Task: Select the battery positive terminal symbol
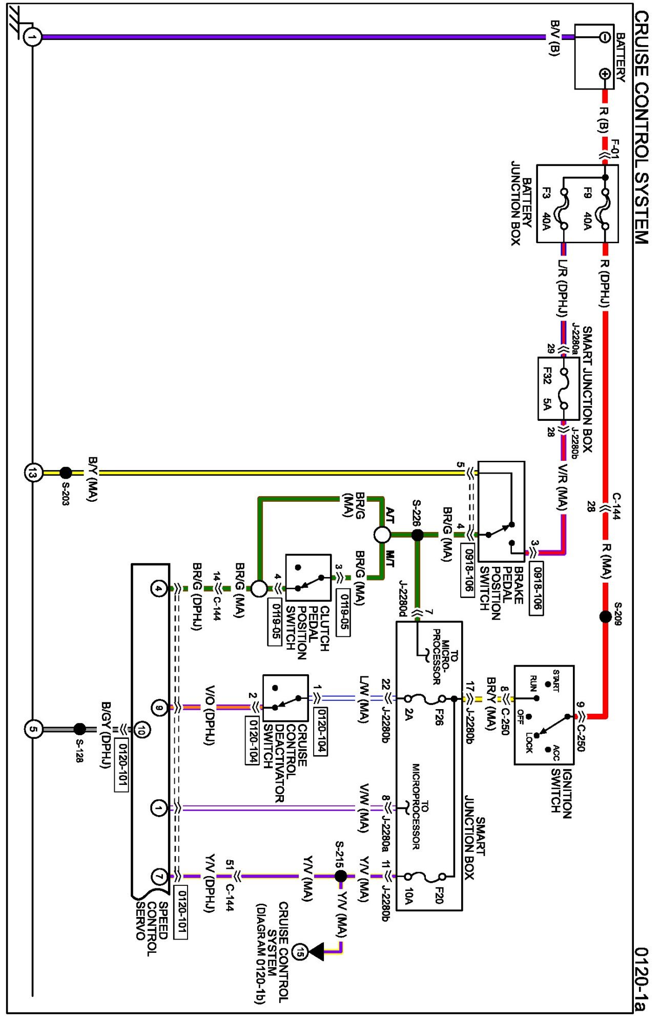(605, 74)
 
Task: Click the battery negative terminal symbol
(605, 37)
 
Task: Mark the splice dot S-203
(66, 472)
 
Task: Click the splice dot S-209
(605, 616)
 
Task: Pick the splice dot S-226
(418, 535)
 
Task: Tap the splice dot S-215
(341, 876)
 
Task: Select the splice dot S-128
(80, 729)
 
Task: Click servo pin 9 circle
(159, 708)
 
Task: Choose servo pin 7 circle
(159, 877)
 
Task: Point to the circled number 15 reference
(300, 952)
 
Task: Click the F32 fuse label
(547, 376)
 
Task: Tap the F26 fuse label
(438, 716)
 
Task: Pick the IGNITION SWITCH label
(561, 791)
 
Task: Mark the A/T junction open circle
(382, 535)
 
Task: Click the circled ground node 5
(33, 729)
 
